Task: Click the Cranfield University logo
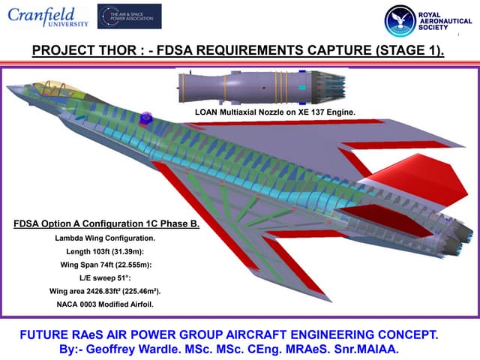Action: [x=48, y=17]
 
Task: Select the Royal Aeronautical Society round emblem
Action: [x=399, y=22]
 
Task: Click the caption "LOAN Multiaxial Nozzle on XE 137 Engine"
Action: [x=274, y=112]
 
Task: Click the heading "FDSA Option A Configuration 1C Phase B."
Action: [x=106, y=224]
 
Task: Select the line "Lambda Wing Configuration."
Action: [x=105, y=238]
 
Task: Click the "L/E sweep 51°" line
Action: [x=105, y=277]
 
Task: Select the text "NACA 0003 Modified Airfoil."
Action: [x=105, y=304]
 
